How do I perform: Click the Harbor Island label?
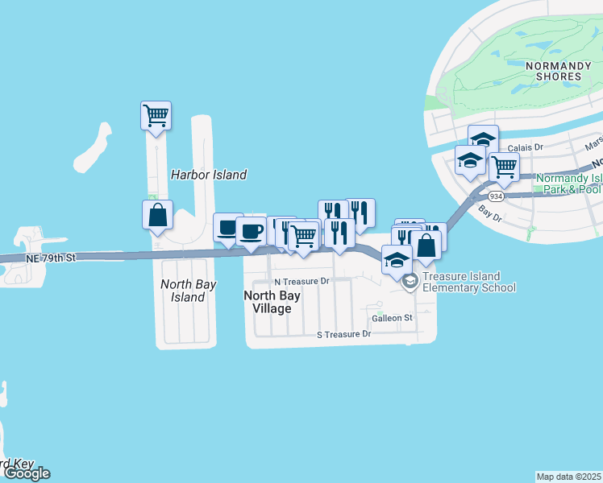(208, 174)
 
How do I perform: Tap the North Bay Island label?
(182, 291)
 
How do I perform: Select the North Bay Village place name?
(272, 301)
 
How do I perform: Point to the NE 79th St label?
(50, 258)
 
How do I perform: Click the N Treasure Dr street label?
(301, 282)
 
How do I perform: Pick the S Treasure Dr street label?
(343, 333)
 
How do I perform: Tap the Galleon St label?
(392, 318)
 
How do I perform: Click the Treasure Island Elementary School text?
(468, 282)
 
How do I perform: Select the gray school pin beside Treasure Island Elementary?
(410, 281)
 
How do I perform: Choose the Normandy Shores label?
(552, 70)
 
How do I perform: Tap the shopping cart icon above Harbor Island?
(156, 115)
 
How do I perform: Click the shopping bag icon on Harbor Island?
(157, 216)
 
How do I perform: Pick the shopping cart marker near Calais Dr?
(504, 168)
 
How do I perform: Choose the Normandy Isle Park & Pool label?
(568, 183)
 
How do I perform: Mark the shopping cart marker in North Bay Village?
(303, 237)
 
